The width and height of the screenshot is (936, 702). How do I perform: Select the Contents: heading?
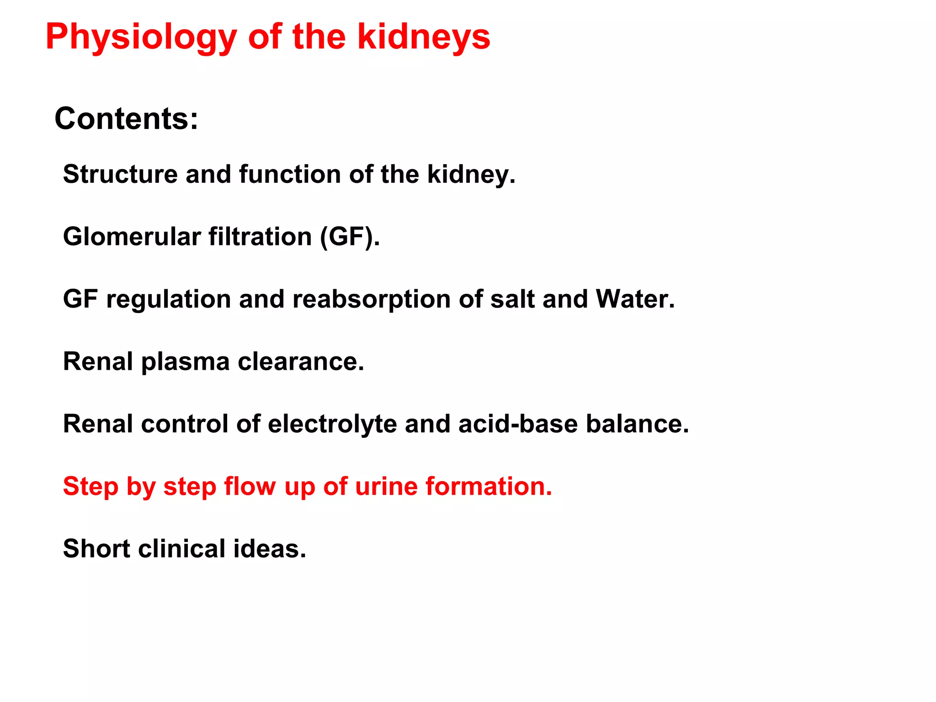126,119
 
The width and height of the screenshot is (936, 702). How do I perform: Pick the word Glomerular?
132,237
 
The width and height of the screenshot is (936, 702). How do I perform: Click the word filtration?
260,237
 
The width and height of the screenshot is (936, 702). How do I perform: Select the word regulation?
169,299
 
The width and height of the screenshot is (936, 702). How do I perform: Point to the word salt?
512,299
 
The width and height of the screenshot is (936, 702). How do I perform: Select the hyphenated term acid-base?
518,424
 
